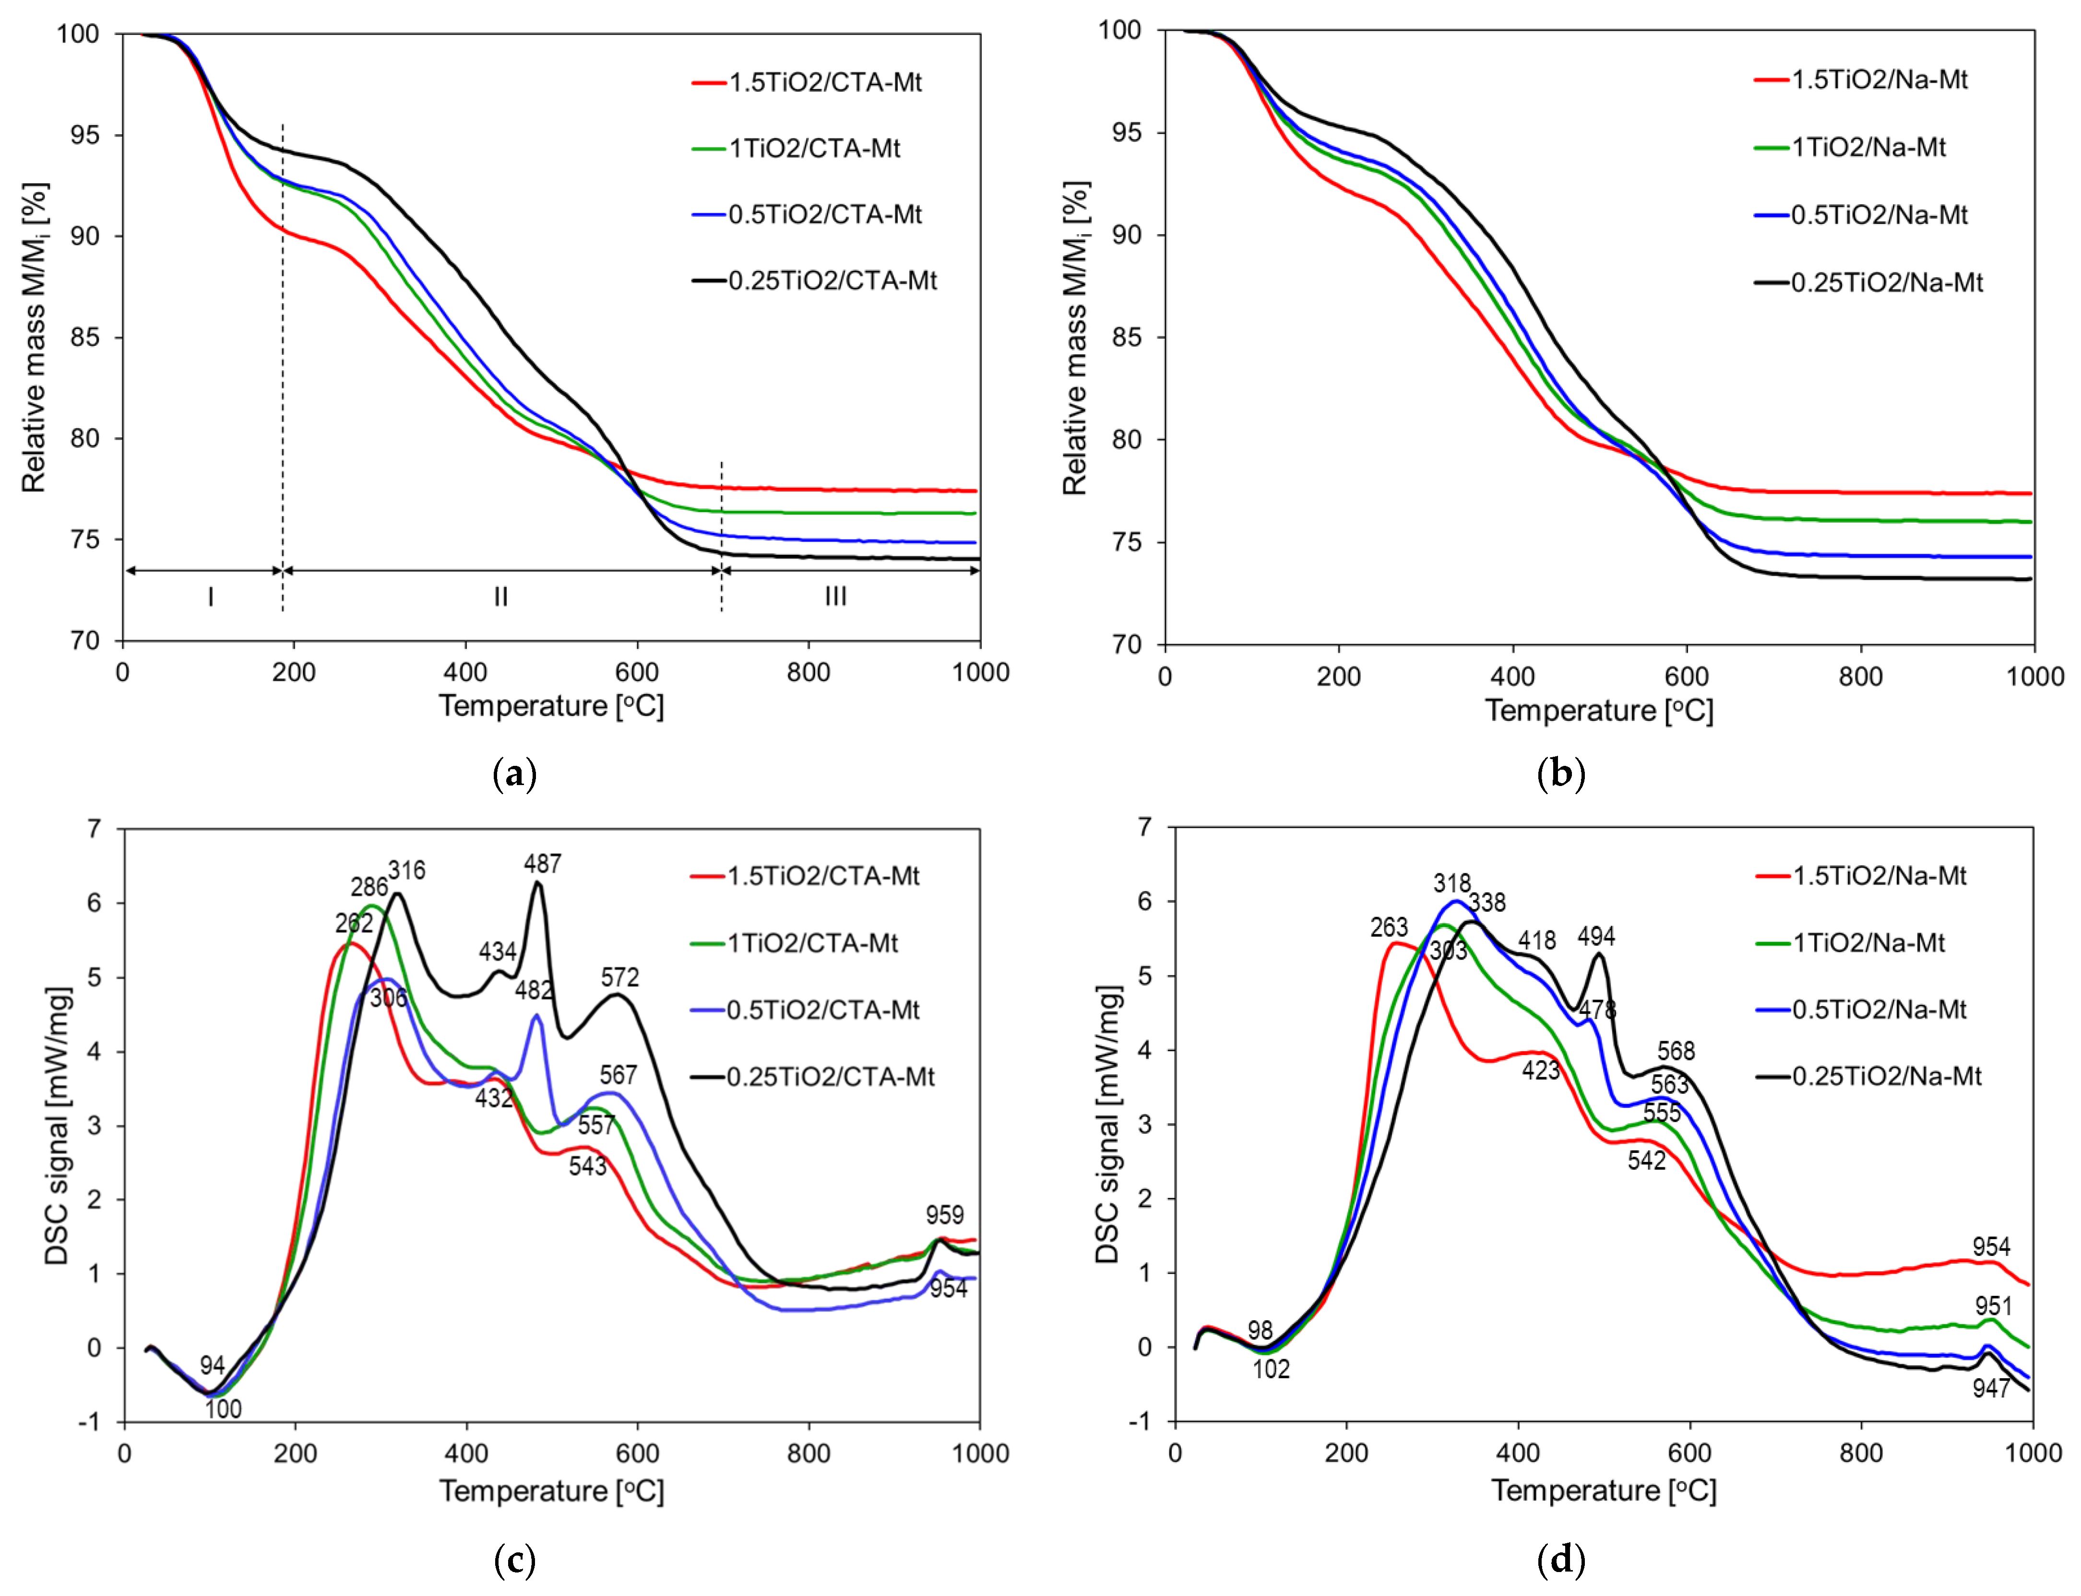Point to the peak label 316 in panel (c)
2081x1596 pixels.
pos(407,870)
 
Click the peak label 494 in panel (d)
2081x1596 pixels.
pos(1596,937)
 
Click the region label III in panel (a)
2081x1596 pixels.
pos(835,597)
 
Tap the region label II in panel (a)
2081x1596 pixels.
pos(501,597)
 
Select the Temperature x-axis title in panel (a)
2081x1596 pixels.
pos(551,706)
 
